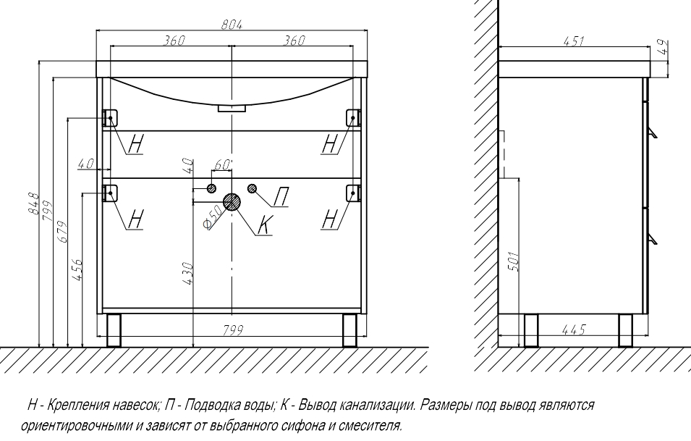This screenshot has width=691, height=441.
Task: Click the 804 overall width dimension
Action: coord(231,25)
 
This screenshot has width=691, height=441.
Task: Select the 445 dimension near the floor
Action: coord(572,330)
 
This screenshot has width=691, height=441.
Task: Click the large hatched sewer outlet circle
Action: coord(232,202)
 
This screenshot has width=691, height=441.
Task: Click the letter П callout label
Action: coord(282,196)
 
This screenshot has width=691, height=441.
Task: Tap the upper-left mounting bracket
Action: coord(111,117)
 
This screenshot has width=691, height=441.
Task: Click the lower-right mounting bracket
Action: coord(352,192)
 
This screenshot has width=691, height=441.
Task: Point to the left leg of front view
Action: coord(113,329)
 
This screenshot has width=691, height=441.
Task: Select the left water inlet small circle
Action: coord(211,189)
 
